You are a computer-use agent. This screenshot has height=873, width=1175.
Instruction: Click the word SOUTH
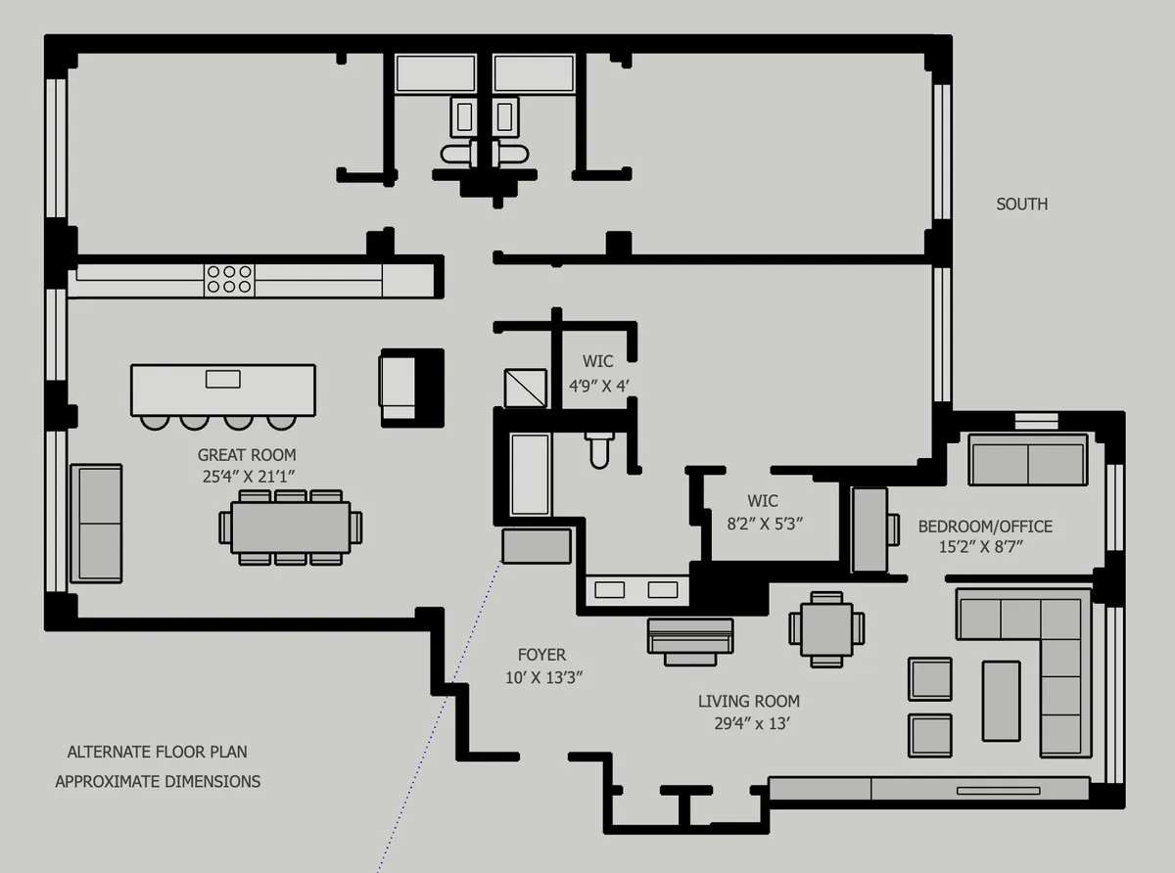click(1021, 204)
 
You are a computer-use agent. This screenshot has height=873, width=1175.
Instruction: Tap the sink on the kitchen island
click(223, 379)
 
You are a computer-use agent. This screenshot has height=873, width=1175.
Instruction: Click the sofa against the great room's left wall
click(97, 522)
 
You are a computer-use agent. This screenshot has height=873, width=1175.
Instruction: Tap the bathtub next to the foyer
click(530, 474)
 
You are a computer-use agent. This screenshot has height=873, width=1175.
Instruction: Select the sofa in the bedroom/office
click(1028, 460)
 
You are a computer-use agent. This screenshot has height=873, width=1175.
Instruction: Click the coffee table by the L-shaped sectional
click(1001, 699)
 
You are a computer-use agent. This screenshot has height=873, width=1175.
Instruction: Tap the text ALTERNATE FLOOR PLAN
click(157, 753)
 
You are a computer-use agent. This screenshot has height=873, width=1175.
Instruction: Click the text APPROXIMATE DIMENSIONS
click(158, 782)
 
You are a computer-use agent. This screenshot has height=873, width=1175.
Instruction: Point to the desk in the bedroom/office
click(869, 529)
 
